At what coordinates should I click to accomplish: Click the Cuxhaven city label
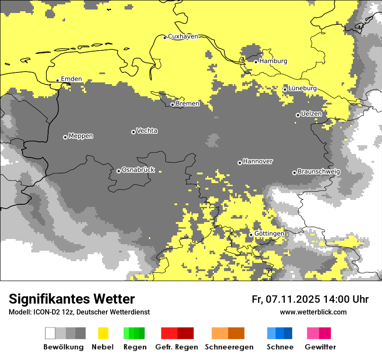[183, 36]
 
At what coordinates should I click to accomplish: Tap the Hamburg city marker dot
[256, 62]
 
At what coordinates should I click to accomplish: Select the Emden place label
[71, 79]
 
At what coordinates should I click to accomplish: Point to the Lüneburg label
[303, 88]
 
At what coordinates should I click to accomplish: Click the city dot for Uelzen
[298, 115]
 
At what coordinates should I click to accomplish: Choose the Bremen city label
[188, 104]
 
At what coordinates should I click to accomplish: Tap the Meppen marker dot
[65, 137]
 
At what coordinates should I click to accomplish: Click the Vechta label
[147, 131]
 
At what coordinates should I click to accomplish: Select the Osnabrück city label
[138, 170]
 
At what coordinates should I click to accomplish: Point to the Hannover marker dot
[240, 163]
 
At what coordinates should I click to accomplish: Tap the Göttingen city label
[269, 234]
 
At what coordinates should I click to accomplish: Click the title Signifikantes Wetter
[72, 299]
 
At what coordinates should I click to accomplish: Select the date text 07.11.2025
[293, 299]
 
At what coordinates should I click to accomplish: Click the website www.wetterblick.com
[313, 312]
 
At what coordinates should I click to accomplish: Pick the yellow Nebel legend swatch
[103, 333]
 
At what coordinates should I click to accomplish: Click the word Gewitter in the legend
[320, 347]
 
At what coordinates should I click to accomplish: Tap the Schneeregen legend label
[229, 347]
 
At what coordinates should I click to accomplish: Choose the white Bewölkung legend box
[50, 333]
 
